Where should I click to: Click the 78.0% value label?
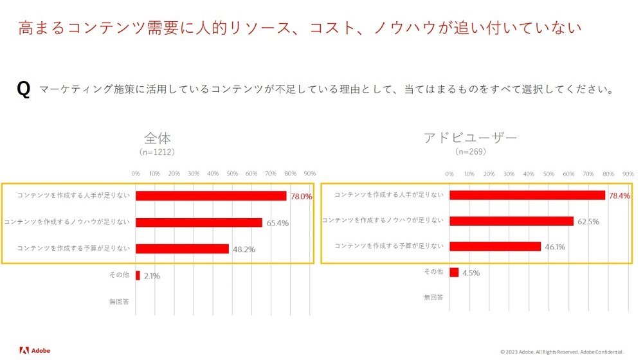tap(302, 197)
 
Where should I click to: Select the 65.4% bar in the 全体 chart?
tap(199, 222)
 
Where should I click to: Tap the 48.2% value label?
tap(242, 249)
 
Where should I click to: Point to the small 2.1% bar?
tap(138, 275)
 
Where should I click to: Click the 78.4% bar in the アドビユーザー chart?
tap(527, 195)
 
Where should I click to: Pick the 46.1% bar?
tap(495, 246)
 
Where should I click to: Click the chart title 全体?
tap(158, 138)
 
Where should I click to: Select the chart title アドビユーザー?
tap(471, 138)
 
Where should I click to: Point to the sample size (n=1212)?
tap(158, 152)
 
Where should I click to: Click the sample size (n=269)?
tap(471, 152)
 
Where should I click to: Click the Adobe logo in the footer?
tap(35, 350)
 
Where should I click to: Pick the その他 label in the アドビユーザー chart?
tap(433, 272)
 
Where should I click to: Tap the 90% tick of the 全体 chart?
tap(309, 174)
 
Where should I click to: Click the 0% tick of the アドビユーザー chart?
tap(449, 174)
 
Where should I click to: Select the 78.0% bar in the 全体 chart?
tap(211, 196)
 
